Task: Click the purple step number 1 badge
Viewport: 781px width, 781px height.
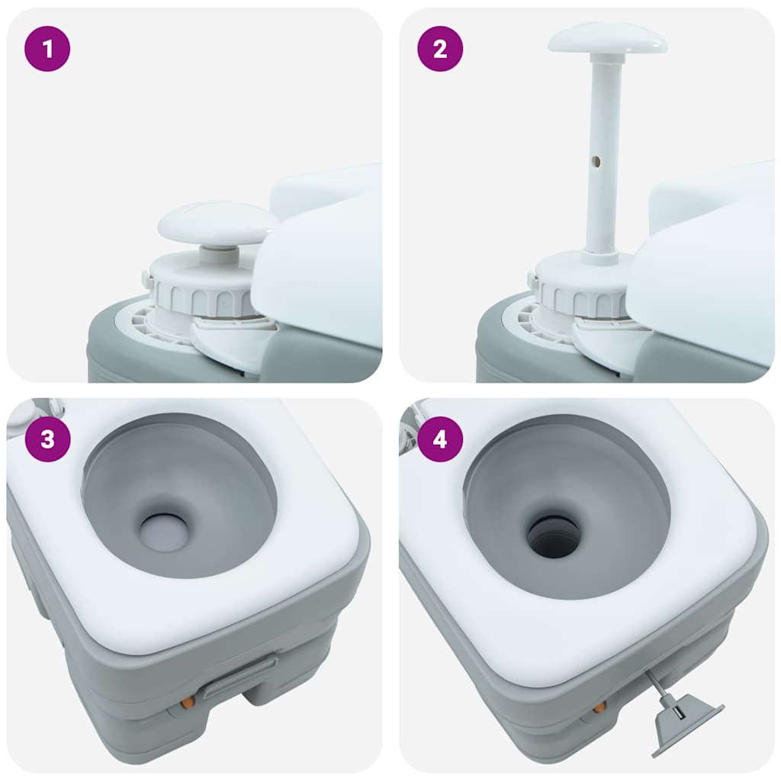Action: (48, 50)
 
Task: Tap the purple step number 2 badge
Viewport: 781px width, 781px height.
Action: (440, 50)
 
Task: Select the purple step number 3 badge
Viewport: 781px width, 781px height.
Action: (48, 440)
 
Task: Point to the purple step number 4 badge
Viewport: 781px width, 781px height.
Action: (440, 440)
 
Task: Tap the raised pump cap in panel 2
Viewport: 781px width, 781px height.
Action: (607, 38)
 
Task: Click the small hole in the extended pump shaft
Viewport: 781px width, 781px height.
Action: (597, 161)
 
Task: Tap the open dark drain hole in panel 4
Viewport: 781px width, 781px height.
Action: (554, 535)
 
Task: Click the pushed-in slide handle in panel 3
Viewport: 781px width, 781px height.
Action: (238, 678)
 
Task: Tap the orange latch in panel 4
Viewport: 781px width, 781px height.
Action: (599, 707)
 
